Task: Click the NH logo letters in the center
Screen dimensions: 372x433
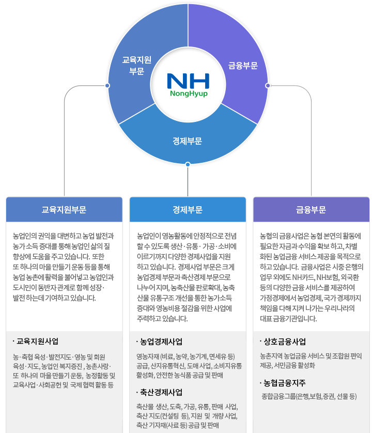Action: pos(188,81)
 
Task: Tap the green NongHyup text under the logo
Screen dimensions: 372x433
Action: pos(188,94)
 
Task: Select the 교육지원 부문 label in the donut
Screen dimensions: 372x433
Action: pos(136,66)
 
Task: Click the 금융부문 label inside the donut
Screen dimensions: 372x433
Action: pos(243,66)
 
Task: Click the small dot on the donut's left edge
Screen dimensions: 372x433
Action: pos(107,85)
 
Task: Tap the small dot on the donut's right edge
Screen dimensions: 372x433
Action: pos(267,85)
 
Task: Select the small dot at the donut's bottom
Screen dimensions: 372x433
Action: pos(188,164)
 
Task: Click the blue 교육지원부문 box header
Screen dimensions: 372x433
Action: pos(64,210)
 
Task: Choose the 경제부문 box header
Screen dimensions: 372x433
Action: pos(188,210)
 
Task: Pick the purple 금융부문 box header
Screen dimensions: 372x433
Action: pos(311,210)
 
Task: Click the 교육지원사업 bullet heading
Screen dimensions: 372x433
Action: pos(37,341)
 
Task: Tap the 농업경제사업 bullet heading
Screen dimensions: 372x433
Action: pos(161,342)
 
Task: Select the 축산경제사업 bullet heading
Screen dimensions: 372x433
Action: pos(161,392)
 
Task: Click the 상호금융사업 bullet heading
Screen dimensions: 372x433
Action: pos(285,342)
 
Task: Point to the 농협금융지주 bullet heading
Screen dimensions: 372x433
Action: pos(285,383)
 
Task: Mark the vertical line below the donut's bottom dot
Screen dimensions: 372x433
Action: pos(188,181)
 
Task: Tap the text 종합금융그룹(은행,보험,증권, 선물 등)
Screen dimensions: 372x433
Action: pos(309,396)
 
